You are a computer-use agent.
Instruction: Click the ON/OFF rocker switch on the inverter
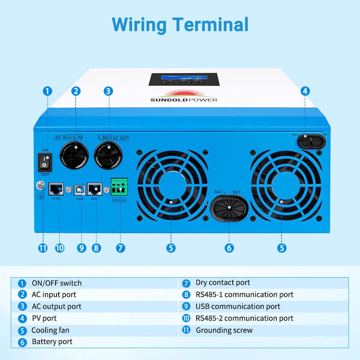click(45, 161)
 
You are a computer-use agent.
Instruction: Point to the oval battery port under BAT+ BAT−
click(228, 209)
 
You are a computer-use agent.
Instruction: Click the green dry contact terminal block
click(119, 187)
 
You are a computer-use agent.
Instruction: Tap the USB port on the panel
click(80, 189)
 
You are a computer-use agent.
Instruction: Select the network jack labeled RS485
click(56, 189)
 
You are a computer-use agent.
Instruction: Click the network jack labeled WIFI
click(94, 189)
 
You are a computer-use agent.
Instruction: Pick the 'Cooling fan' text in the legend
click(50, 330)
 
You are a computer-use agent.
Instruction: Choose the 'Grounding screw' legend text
click(224, 330)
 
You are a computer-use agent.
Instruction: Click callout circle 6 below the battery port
click(229, 248)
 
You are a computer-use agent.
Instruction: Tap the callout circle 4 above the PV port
click(305, 91)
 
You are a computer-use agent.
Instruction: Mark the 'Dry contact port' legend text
click(222, 283)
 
